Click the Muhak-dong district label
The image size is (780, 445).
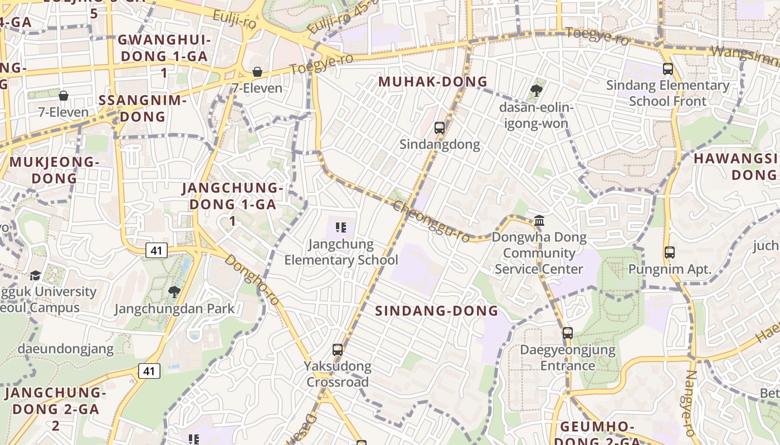pos(433,82)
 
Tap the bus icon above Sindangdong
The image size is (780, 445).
pos(439,128)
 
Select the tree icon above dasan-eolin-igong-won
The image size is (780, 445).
pos(537,90)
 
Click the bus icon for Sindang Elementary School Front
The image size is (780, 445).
pos(667,69)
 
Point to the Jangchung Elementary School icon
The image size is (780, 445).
pos(341,227)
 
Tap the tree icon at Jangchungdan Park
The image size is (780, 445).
pos(174,291)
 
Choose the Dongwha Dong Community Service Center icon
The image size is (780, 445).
pos(539,221)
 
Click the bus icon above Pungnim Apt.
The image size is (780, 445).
pos(669,253)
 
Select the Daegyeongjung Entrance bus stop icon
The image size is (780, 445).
pos(567,333)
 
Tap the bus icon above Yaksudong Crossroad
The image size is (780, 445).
pos(337,350)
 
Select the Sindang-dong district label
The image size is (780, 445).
pos(436,311)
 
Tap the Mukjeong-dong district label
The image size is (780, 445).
pos(54,170)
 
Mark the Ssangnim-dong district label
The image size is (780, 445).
pos(142,108)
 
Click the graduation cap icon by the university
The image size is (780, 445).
pos(35,275)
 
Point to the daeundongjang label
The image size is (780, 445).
pos(66,349)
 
